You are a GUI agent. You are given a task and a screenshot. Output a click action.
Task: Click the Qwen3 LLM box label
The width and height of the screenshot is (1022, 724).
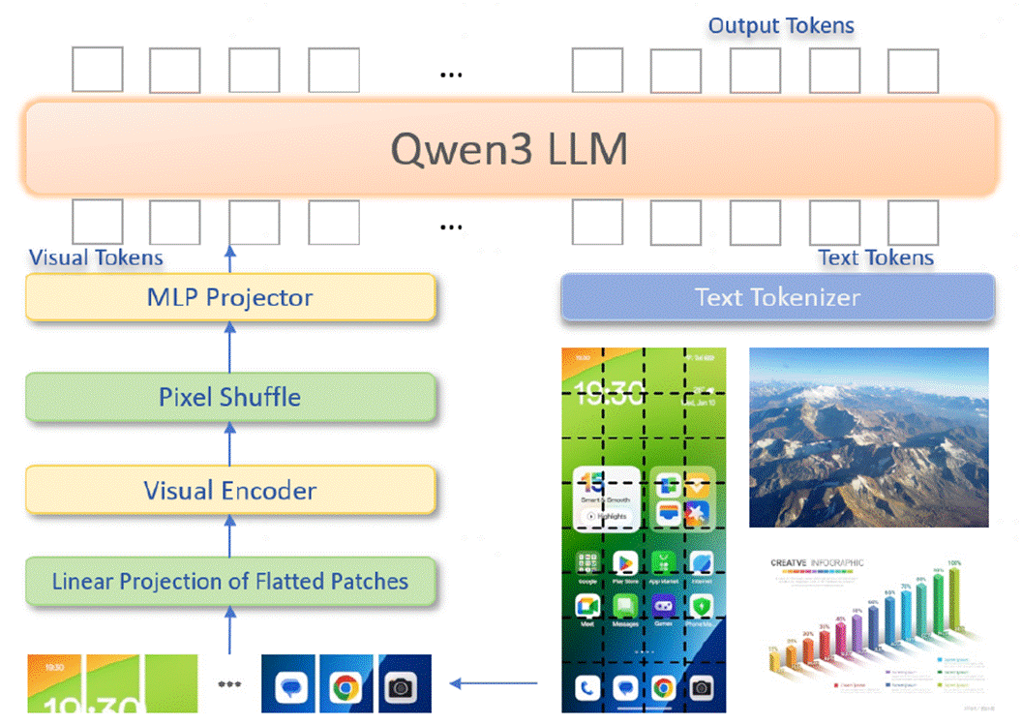(509, 149)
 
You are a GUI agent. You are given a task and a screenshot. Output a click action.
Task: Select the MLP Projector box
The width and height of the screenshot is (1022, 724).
(230, 297)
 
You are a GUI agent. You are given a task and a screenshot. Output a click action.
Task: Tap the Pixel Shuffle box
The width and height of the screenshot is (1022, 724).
(230, 397)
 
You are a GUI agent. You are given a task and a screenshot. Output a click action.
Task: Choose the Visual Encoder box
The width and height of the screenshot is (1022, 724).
(230, 490)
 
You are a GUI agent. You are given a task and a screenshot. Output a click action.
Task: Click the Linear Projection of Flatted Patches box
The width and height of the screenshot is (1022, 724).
(230, 582)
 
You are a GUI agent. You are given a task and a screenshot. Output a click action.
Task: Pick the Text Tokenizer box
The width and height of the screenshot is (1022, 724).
(777, 297)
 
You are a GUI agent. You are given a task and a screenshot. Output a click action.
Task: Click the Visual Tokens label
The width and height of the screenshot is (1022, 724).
(96, 257)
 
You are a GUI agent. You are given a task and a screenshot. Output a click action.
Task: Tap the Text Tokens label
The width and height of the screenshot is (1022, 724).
(876, 257)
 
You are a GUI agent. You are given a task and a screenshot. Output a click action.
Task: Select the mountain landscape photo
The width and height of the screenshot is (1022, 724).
(868, 437)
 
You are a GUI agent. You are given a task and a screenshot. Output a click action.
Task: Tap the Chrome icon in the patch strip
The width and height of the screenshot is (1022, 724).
(345, 687)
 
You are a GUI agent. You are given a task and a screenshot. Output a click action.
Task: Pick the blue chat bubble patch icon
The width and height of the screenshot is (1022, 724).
(289, 687)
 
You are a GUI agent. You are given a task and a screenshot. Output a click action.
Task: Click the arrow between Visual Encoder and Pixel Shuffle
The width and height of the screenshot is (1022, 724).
(230, 443)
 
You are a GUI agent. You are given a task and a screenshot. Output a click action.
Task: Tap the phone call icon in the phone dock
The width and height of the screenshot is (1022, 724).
(587, 688)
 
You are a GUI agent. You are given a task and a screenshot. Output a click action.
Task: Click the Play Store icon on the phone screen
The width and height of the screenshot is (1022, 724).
(625, 562)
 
